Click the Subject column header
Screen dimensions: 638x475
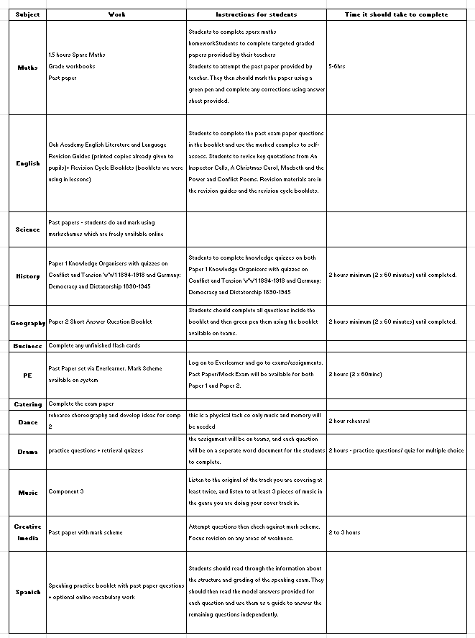coord(27,14)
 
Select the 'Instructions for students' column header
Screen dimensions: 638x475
coord(257,14)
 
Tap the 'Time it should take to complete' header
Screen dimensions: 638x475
coord(396,14)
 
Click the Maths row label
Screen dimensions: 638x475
coord(27,67)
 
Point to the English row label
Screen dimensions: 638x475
coord(27,163)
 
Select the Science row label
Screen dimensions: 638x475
coord(27,229)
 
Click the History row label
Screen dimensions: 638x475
coord(27,276)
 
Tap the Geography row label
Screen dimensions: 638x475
coord(27,323)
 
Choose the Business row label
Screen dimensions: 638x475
coord(27,346)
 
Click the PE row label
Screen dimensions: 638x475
coord(27,375)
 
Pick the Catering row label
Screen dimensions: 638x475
coord(27,404)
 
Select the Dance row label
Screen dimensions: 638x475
coord(27,422)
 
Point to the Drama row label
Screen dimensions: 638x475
coord(27,452)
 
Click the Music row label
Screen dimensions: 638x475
coord(27,493)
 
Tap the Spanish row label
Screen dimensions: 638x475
coord(27,592)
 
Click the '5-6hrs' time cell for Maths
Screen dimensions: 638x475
coord(338,66)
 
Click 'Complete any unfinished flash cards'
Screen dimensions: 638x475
coord(94,346)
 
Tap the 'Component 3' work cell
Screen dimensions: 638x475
coord(66,492)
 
